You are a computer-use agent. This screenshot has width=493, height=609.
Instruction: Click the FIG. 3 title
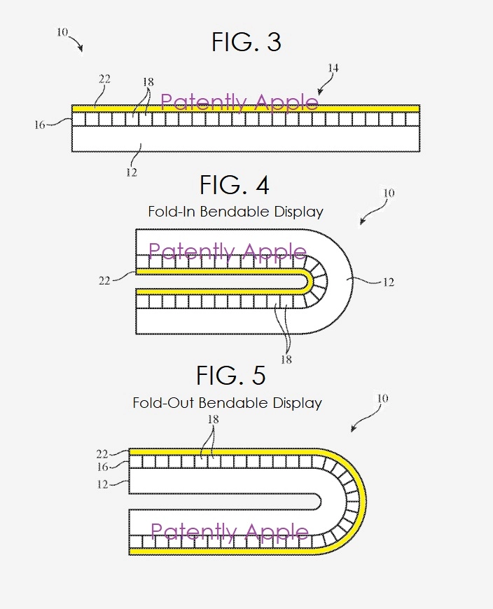click(246, 43)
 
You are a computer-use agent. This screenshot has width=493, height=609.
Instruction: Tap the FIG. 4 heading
click(234, 186)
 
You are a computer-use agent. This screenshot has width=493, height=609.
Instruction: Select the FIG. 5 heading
click(230, 376)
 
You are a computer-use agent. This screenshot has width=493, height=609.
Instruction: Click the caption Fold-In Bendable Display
click(235, 211)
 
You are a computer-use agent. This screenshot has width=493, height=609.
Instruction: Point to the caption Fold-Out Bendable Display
click(227, 403)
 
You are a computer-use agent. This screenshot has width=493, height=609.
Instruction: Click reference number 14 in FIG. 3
click(333, 68)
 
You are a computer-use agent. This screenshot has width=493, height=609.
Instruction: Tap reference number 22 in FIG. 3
click(104, 79)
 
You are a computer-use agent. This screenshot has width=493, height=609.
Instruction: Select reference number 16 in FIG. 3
click(39, 125)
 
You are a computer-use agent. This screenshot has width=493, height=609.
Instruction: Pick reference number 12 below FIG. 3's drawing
click(132, 172)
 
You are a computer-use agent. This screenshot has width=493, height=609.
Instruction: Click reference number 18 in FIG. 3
click(148, 82)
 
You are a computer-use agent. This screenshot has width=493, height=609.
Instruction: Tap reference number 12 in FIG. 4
click(388, 282)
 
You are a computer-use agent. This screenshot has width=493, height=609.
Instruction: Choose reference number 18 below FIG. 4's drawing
click(286, 360)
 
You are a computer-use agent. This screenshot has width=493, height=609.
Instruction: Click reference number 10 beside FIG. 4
click(389, 193)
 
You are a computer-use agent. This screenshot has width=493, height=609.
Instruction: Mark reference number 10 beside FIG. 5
click(381, 399)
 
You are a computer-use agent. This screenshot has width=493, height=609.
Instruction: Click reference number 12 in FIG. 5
click(102, 484)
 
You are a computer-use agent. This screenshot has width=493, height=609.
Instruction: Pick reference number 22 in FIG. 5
click(102, 453)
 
